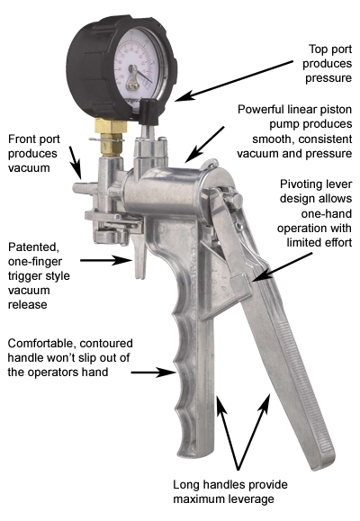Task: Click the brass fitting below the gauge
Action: click(x=111, y=137)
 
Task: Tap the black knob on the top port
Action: click(x=148, y=112)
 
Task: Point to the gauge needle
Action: click(x=144, y=77)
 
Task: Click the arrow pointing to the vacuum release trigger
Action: click(x=106, y=260)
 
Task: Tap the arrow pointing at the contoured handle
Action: click(x=153, y=373)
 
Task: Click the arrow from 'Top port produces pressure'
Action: click(x=233, y=80)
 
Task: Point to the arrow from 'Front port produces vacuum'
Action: click(x=75, y=163)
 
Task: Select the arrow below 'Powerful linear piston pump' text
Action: click(x=204, y=145)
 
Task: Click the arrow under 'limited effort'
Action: click(x=282, y=267)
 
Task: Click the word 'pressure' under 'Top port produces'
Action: click(x=328, y=78)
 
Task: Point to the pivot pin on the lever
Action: click(x=237, y=201)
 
